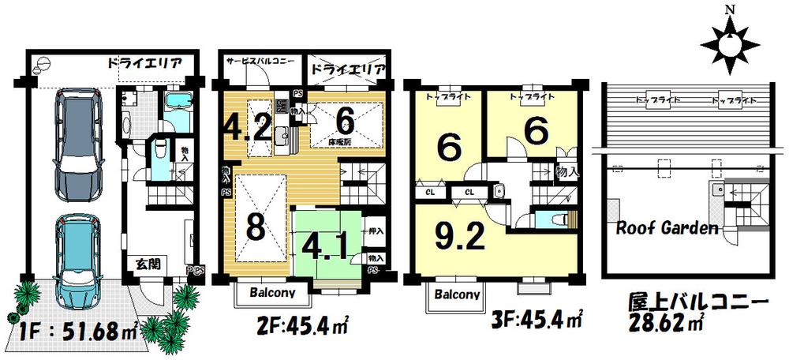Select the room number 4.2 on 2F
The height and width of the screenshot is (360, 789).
click(246, 127)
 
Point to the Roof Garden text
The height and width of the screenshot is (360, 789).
click(667, 230)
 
